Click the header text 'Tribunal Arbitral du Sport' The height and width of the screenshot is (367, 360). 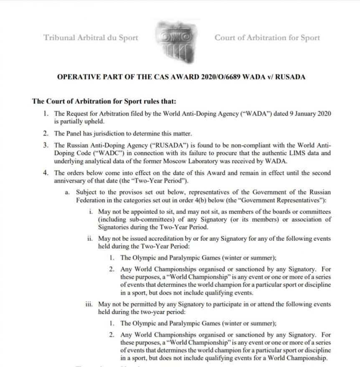pos(91,38)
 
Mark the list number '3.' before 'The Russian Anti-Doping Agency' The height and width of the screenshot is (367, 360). pos(46,145)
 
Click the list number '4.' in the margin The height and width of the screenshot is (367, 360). pos(46,173)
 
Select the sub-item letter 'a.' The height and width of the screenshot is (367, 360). pos(68,192)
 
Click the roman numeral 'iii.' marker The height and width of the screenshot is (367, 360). pos(89,304)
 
